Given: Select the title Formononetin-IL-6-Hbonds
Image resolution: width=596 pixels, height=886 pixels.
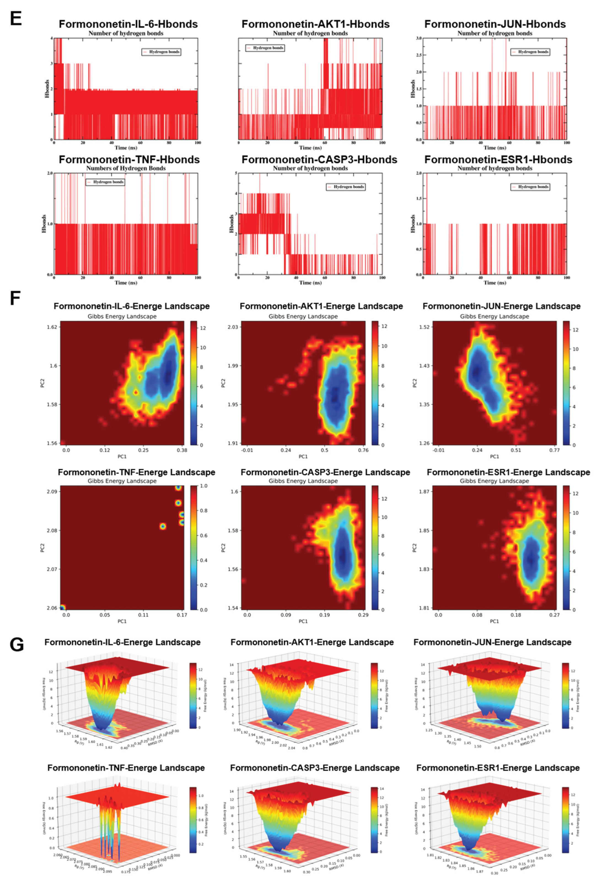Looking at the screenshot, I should (128, 24).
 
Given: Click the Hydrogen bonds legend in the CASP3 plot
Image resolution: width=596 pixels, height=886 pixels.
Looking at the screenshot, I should (346, 187).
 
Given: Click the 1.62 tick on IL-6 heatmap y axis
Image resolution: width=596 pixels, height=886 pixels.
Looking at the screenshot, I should (52, 327).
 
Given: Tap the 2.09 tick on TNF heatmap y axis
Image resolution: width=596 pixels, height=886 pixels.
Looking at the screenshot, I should (52, 492).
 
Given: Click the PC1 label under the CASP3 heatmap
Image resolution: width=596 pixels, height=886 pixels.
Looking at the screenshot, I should (303, 621).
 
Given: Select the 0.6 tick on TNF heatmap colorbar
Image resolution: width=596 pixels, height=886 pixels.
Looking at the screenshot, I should (204, 535).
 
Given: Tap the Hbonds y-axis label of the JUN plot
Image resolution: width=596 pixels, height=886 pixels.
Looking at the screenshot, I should (413, 89).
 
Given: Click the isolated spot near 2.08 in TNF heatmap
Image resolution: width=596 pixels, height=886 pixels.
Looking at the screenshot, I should (163, 526).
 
